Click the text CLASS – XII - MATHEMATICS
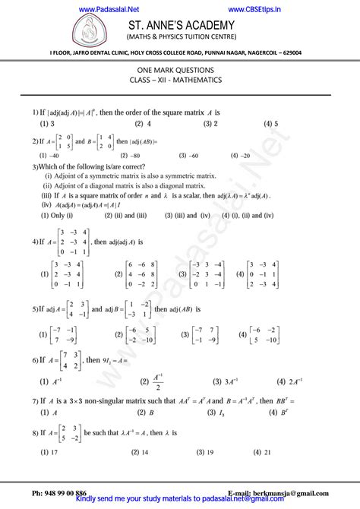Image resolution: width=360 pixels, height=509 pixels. click(x=181, y=80)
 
